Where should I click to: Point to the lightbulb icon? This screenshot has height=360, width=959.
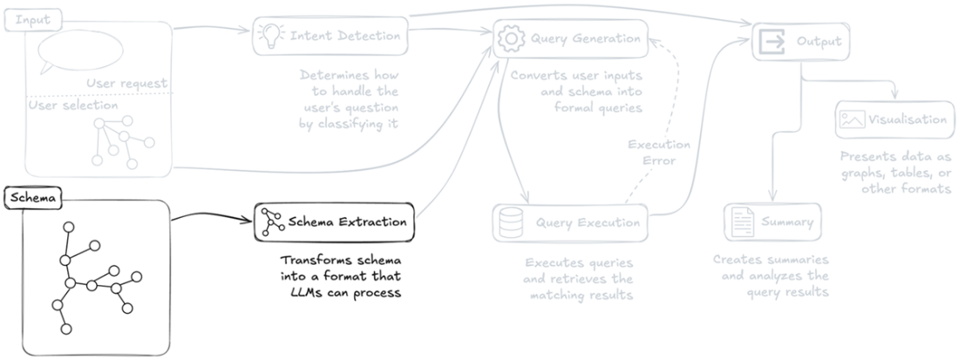pos(269,37)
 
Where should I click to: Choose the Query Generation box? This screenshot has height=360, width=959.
pos(572,37)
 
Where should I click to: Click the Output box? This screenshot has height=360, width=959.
pos(801,40)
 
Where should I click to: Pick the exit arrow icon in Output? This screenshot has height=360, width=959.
pos(773,40)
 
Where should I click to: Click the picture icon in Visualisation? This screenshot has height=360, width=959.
pos(851,120)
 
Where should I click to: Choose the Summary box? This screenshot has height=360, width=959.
pos(772,222)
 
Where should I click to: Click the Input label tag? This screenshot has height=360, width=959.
pos(28,19)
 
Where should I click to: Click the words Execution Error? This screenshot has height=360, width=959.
pos(659,153)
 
